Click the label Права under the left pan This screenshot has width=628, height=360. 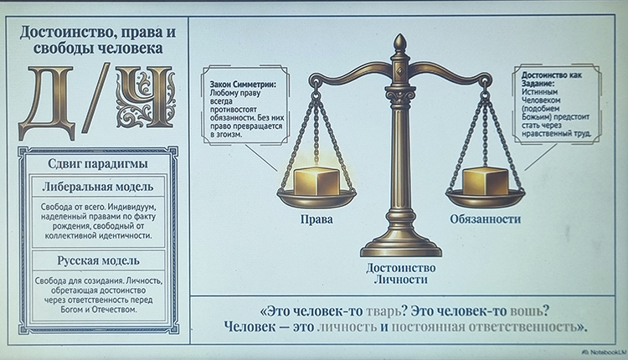click(x=316, y=219)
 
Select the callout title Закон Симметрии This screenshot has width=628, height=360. click(x=245, y=85)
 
